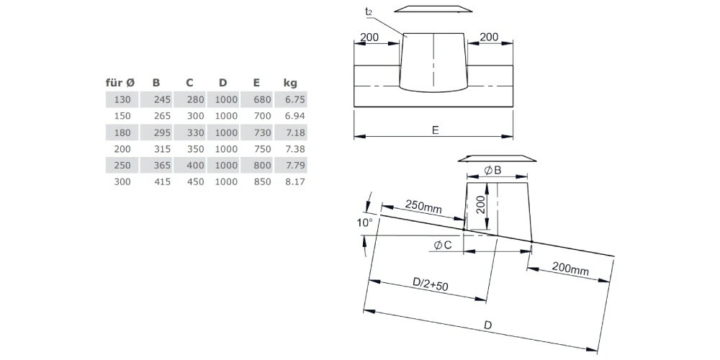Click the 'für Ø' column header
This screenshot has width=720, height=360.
pos(120,83)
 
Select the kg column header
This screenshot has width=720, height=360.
pos(290,83)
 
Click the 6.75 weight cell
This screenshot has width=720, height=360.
pos(294,99)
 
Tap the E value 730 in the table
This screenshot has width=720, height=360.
pos(262,132)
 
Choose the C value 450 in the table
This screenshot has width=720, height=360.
pos(196,182)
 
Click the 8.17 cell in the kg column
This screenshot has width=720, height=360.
pos(294,182)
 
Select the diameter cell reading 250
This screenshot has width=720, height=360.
pos(122,166)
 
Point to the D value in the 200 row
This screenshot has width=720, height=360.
pos(226,149)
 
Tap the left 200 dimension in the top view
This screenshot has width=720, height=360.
pos(369,37)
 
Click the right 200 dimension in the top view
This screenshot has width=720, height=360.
pos(489,37)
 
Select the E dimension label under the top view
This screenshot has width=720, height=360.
pos(436,130)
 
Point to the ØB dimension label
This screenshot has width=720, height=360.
pos(492,171)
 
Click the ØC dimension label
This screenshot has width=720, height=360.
pos(443,246)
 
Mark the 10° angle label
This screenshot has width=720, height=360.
pos(365,223)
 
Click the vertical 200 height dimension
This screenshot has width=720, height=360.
pos(480,202)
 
